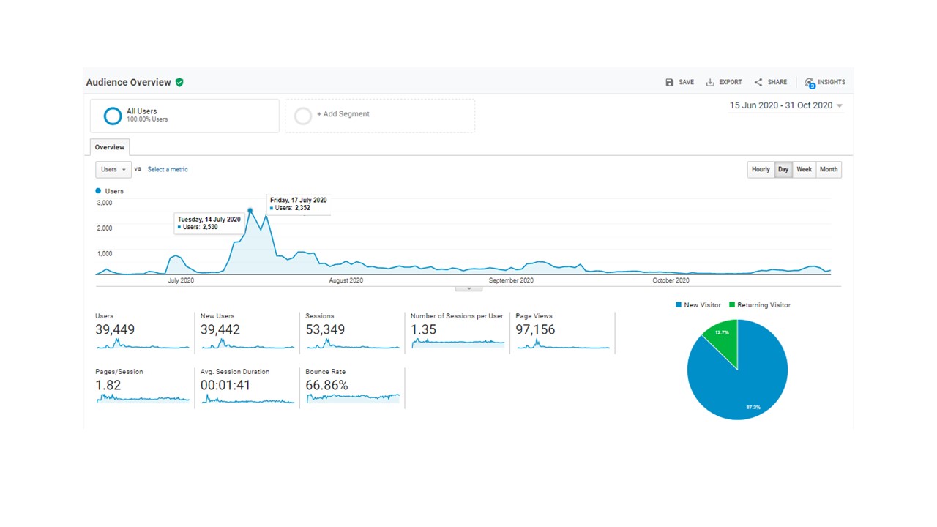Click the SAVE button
pyautogui.click(x=680, y=82)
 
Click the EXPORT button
pyautogui.click(x=724, y=82)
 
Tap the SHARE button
pyautogui.click(x=771, y=82)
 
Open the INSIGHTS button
pyautogui.click(x=825, y=83)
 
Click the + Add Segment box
pyautogui.click(x=380, y=116)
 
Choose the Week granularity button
pyautogui.click(x=804, y=169)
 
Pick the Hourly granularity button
pyautogui.click(x=761, y=169)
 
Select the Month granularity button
pyautogui.click(x=829, y=169)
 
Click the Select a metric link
pyautogui.click(x=168, y=169)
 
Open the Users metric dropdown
pyautogui.click(x=113, y=169)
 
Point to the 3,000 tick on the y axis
pyautogui.click(x=105, y=203)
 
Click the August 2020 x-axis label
pyautogui.click(x=346, y=280)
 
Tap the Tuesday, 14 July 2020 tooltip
pyautogui.click(x=209, y=223)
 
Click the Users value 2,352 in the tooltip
pyautogui.click(x=302, y=208)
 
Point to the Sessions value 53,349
pyautogui.click(x=325, y=329)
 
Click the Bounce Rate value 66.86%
pyautogui.click(x=326, y=385)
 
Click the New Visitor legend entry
pyautogui.click(x=698, y=305)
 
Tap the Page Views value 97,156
pyautogui.click(x=535, y=329)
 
